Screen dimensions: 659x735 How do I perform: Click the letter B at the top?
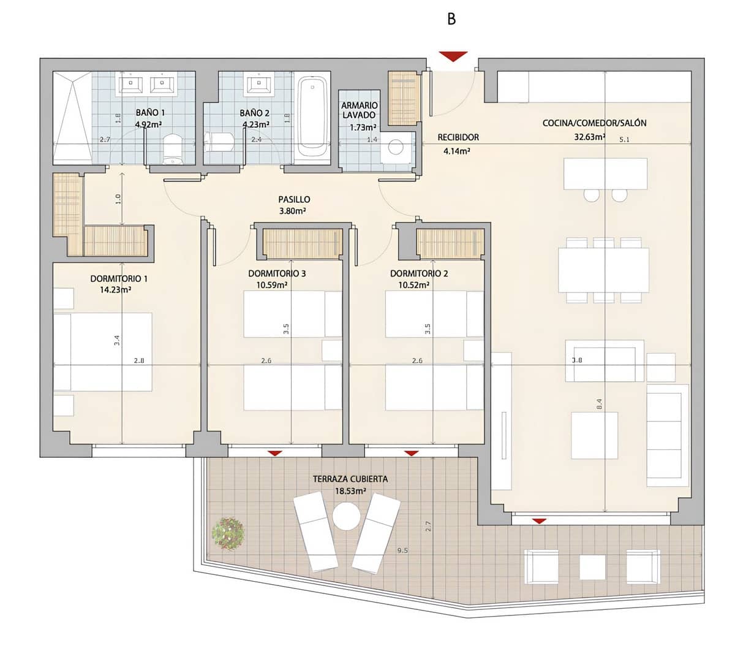click(451, 19)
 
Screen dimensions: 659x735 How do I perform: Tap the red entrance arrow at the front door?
click(453, 56)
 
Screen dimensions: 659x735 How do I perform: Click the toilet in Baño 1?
click(173, 150)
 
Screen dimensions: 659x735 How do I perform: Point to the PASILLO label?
click(294, 199)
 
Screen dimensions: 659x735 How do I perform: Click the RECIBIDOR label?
click(458, 137)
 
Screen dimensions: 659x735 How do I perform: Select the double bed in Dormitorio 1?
click(102, 352)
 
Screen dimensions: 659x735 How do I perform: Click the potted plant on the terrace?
click(228, 533)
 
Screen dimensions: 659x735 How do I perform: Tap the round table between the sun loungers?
click(347, 516)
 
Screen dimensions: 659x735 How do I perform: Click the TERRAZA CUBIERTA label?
click(350, 479)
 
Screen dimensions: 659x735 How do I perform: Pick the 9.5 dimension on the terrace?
click(402, 550)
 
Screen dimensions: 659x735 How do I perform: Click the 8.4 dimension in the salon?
click(599, 404)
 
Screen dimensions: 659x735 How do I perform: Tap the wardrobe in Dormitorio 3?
click(302, 243)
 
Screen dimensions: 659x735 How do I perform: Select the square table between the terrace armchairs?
click(592, 567)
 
